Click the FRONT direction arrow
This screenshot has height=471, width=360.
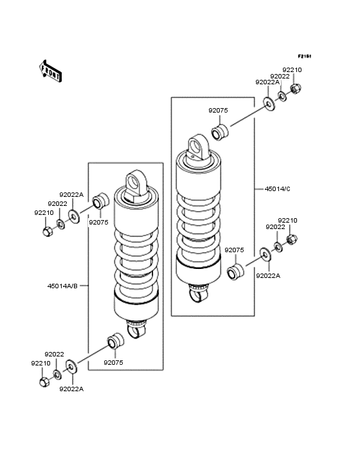(x=50, y=71)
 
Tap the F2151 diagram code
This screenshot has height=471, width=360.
(x=305, y=56)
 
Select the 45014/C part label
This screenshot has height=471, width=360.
(x=277, y=189)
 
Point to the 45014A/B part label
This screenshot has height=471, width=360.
(x=62, y=286)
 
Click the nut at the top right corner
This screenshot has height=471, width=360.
(x=296, y=88)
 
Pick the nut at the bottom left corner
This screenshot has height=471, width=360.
(x=44, y=382)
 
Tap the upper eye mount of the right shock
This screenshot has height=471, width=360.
(x=198, y=149)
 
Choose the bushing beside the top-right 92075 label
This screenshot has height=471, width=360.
(x=220, y=132)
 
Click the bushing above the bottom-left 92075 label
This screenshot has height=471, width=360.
(x=116, y=340)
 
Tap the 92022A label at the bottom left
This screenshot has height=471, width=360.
(x=71, y=389)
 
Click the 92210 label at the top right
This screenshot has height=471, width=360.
(x=292, y=69)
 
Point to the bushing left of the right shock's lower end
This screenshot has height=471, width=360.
(x=235, y=272)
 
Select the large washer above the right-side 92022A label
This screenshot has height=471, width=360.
(x=265, y=254)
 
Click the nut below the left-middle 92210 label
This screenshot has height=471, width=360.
(x=48, y=231)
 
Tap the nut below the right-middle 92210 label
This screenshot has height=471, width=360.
(x=292, y=239)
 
